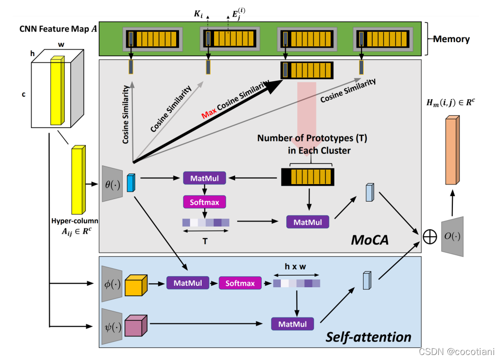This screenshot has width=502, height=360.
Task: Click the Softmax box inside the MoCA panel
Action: click(x=205, y=202)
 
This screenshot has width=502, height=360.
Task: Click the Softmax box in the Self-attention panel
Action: click(x=240, y=283)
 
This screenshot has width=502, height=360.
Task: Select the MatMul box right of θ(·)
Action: click(x=205, y=177)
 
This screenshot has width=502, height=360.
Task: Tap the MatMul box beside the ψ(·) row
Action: click(x=292, y=323)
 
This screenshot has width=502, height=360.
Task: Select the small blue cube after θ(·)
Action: click(x=131, y=183)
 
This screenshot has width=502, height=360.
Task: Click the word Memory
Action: click(x=452, y=39)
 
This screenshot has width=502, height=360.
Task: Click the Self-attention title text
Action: click(x=369, y=336)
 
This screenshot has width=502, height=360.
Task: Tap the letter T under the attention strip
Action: click(x=205, y=241)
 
